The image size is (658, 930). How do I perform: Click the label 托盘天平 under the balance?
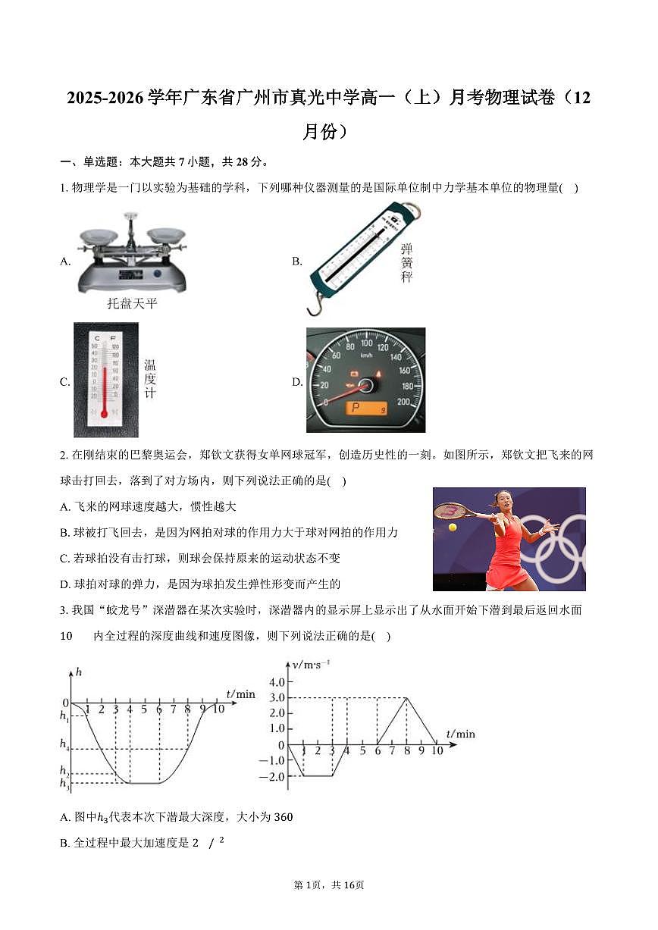pyautogui.click(x=132, y=304)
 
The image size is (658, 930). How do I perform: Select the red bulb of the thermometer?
pyautogui.click(x=104, y=413)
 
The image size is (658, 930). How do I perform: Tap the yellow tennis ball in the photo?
pyautogui.click(x=453, y=527)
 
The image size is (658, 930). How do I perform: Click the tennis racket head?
pyautogui.click(x=450, y=511)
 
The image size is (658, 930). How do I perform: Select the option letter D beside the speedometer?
pyautogui.click(x=297, y=382)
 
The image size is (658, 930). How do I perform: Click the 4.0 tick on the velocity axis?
pyautogui.click(x=276, y=681)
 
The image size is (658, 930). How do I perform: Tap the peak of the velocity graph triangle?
pyautogui.click(x=407, y=697)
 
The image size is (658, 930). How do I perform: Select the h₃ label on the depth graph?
pyautogui.click(x=64, y=783)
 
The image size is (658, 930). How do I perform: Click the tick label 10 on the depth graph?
pyautogui.click(x=218, y=709)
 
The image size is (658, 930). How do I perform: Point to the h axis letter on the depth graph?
pyautogui.click(x=79, y=671)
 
